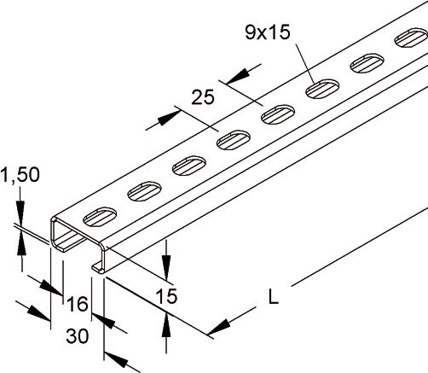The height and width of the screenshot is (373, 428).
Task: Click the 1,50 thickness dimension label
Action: pos(21,176)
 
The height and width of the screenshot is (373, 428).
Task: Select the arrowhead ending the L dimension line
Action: pos(217,328)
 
